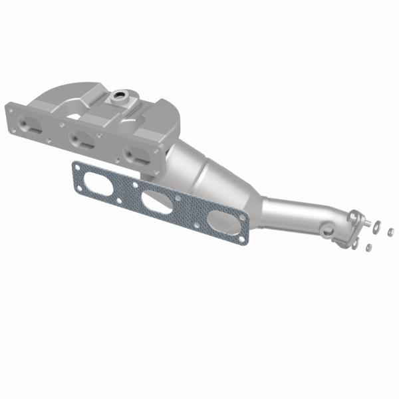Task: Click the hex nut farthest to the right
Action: point(390,231)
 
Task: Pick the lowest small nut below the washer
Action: point(368,247)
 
